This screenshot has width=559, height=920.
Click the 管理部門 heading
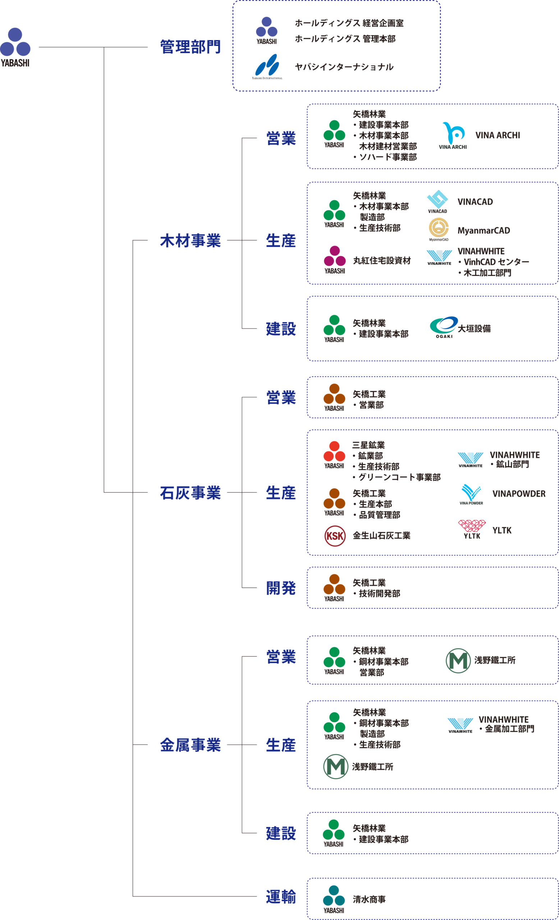(191, 47)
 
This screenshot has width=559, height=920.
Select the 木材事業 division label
(191, 241)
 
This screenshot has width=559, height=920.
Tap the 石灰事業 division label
(191, 493)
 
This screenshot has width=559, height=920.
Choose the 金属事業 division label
(191, 745)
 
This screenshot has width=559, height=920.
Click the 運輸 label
(281, 897)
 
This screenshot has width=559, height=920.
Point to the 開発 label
(281, 588)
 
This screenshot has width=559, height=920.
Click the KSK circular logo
(335, 536)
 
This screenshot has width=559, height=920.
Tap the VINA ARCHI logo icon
(453, 135)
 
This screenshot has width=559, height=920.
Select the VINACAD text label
(475, 202)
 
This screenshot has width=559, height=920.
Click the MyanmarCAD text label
(484, 231)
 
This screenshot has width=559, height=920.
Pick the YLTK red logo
(472, 528)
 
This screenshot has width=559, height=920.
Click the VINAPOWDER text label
(519, 494)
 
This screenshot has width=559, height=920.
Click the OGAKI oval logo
(444, 326)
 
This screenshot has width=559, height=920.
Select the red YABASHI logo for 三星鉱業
(334, 454)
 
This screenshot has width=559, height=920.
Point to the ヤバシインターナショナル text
(344, 67)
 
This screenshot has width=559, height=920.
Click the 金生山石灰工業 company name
(381, 536)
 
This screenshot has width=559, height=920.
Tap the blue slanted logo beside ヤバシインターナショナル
(267, 65)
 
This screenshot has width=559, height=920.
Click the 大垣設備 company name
(474, 329)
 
